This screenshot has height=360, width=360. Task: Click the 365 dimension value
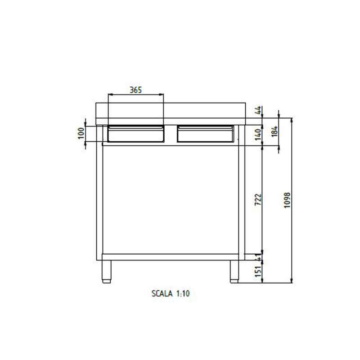pos(136,90)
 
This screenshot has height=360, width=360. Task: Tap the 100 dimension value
pos(81,133)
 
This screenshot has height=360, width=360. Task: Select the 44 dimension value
pos(259,111)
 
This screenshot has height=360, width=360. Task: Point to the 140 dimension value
pos(259,134)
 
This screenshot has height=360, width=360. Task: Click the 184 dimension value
pos(275,131)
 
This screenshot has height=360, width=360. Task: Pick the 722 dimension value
pos(259,200)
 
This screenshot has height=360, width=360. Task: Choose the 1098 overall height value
pos(288,200)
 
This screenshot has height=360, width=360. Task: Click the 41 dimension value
pos(259,257)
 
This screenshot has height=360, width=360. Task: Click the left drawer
pos(136,133)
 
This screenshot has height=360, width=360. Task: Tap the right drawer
pos(206,133)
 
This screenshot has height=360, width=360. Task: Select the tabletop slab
pos(171,113)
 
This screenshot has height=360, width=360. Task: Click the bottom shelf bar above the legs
pos(171,257)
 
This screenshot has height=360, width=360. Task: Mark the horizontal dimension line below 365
pos(136,94)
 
